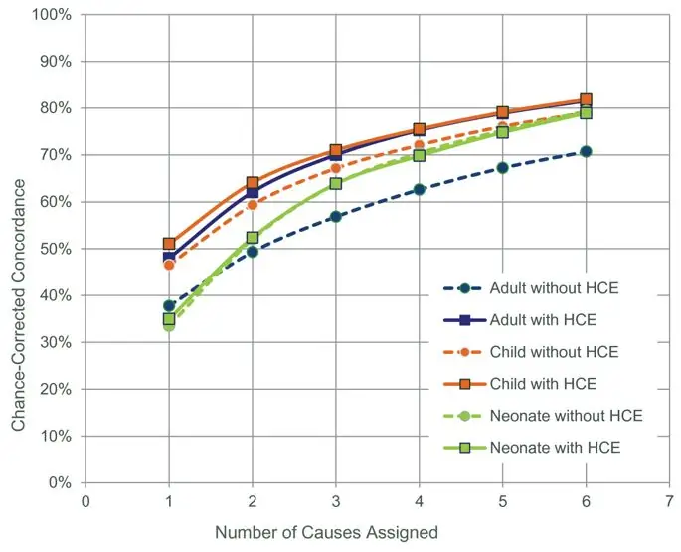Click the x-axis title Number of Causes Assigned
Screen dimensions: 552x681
tap(326, 533)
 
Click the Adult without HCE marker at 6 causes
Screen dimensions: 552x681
tap(586, 151)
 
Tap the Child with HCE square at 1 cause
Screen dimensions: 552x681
tap(169, 243)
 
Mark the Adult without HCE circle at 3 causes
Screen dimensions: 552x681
tap(336, 216)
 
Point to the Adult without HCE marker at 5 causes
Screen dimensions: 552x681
tap(502, 167)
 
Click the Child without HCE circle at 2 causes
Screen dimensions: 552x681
tap(253, 204)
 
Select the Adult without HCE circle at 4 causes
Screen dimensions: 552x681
tap(419, 189)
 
